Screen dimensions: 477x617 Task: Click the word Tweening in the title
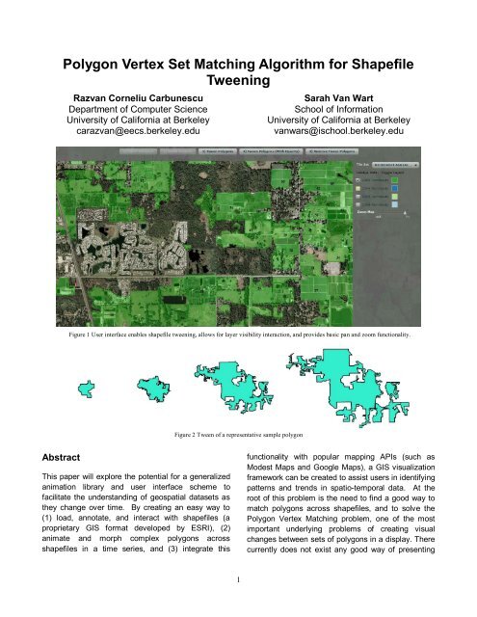(239, 84)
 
